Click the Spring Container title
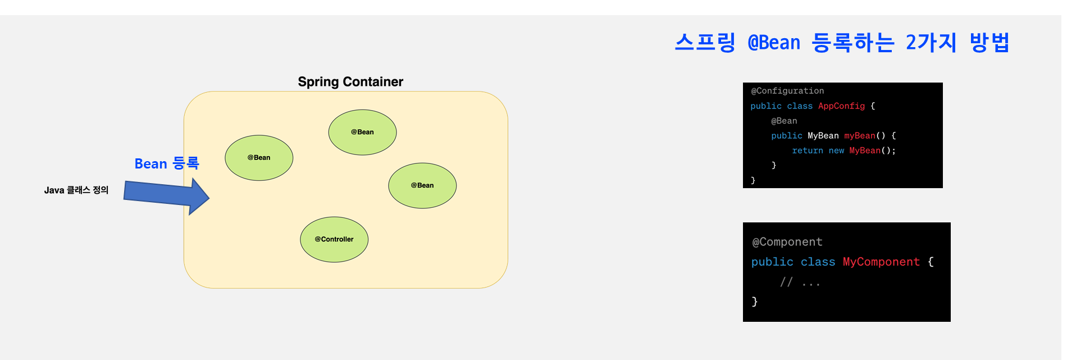coord(350,82)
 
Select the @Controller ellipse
coord(334,239)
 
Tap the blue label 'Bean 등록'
coord(167,163)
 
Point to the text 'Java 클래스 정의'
coord(76,190)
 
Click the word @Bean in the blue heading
coord(774,43)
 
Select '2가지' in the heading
coord(931,43)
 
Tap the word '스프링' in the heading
coord(705,43)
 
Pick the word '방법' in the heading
coord(990,43)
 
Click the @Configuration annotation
coord(787,91)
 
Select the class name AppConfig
coord(841,106)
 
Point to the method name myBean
coord(860,136)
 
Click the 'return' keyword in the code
coord(808,151)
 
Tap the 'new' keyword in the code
coord(836,151)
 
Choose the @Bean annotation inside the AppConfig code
coord(784,121)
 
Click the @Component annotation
coord(787,242)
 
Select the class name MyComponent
coord(881,262)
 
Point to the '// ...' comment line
coord(800,282)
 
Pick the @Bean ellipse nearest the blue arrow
coord(259,158)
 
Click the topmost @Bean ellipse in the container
coord(362,132)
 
